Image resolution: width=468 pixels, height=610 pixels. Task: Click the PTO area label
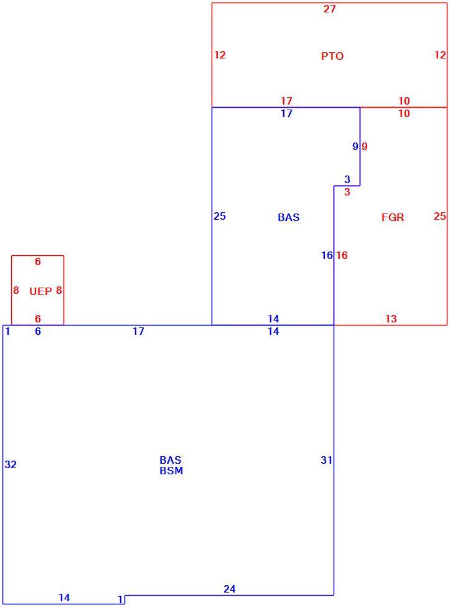point(332,56)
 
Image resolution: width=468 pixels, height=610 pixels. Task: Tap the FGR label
point(393,217)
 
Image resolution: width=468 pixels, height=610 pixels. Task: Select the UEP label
point(40,291)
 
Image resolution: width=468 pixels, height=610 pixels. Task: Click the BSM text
point(171,471)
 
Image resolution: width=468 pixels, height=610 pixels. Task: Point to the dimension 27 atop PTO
point(329,9)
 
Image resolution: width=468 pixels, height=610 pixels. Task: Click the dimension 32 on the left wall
point(11,464)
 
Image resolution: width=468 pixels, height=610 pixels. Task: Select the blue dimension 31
point(326,460)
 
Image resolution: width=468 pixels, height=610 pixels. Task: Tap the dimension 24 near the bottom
point(230,589)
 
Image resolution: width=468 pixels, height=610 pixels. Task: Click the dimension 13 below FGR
point(391,319)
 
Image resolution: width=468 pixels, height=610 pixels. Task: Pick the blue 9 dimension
point(355,147)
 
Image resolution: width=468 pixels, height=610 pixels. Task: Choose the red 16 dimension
point(342,255)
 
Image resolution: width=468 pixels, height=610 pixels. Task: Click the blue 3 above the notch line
point(347,179)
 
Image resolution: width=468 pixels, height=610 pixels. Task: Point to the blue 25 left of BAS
point(220,217)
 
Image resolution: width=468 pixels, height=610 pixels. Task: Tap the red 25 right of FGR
point(439,217)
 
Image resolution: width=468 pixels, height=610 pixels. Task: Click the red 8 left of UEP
point(16,290)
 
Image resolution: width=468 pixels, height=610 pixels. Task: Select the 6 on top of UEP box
point(38,261)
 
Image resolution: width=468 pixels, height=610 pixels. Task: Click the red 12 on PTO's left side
point(220,55)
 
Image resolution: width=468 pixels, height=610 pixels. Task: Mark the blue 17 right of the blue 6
point(139,331)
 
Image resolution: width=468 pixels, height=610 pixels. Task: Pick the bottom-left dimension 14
point(64,598)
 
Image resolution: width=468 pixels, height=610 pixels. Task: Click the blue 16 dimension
point(327,255)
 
